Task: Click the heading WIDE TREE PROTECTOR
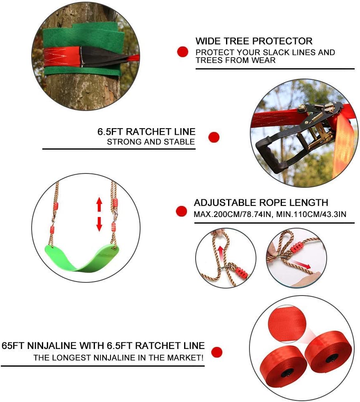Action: (x=254, y=41)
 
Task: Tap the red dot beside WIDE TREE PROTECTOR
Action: (x=182, y=51)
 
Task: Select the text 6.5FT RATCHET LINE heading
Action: (x=146, y=132)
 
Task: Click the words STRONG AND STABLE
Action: (x=151, y=142)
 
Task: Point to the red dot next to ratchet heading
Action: (x=214, y=137)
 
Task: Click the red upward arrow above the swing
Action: (x=99, y=204)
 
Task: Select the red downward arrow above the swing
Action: (x=99, y=224)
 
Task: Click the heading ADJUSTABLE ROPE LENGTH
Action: (x=261, y=203)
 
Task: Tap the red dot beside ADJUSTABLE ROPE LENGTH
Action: (x=181, y=211)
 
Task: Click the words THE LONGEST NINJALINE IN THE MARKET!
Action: (x=118, y=358)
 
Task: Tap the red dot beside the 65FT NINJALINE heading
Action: (x=217, y=352)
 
